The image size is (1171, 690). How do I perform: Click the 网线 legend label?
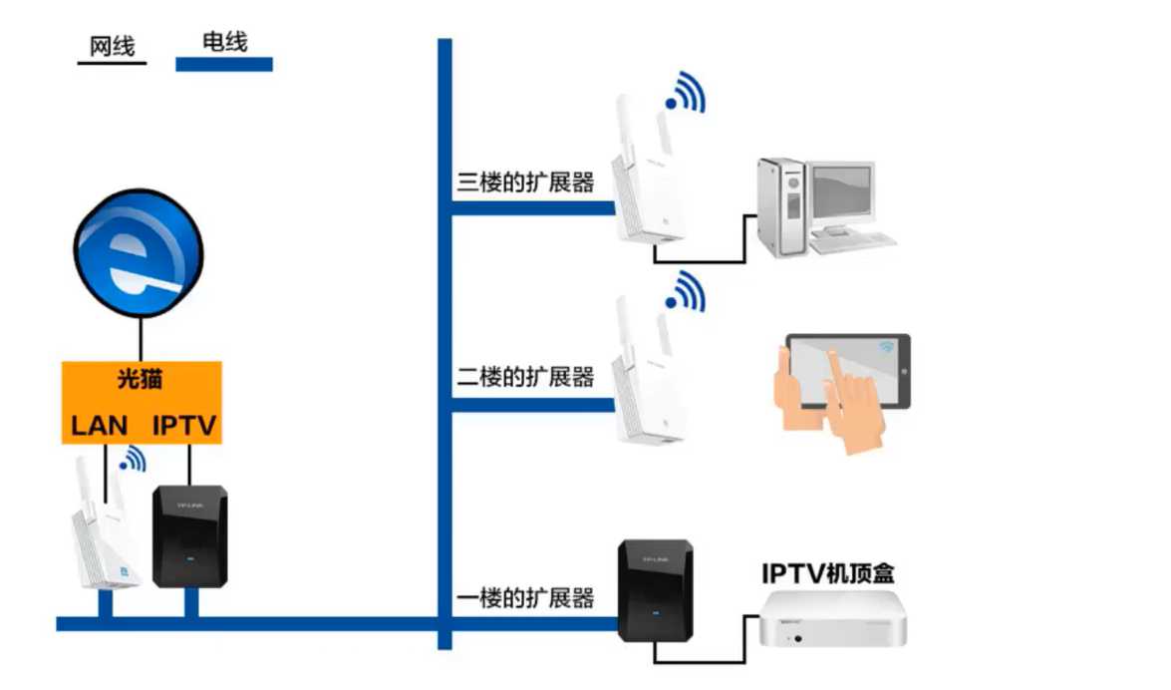pyautogui.click(x=112, y=46)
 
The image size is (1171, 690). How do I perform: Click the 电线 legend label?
pyautogui.click(x=224, y=41)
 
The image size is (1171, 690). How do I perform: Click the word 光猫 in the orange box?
pyautogui.click(x=140, y=379)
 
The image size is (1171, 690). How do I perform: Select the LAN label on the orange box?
pyautogui.click(x=99, y=425)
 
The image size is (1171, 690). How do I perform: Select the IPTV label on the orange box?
pyautogui.click(x=185, y=425)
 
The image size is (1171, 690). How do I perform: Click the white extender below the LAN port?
pyautogui.click(x=104, y=533)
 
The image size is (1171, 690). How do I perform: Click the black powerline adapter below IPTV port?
pyautogui.click(x=189, y=536)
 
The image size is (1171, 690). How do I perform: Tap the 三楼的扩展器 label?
pyautogui.click(x=525, y=182)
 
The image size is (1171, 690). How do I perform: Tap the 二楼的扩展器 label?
pyautogui.click(x=525, y=377)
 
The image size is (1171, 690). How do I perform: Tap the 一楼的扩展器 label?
pyautogui.click(x=525, y=598)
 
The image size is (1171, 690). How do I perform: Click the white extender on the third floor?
pyautogui.click(x=644, y=174)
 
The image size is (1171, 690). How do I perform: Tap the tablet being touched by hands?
pyautogui.click(x=847, y=371)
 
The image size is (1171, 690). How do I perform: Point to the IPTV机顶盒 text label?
pyautogui.click(x=828, y=573)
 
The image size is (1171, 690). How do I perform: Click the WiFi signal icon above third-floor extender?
pyautogui.click(x=687, y=92)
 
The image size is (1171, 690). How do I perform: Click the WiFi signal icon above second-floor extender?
pyautogui.click(x=687, y=291)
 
